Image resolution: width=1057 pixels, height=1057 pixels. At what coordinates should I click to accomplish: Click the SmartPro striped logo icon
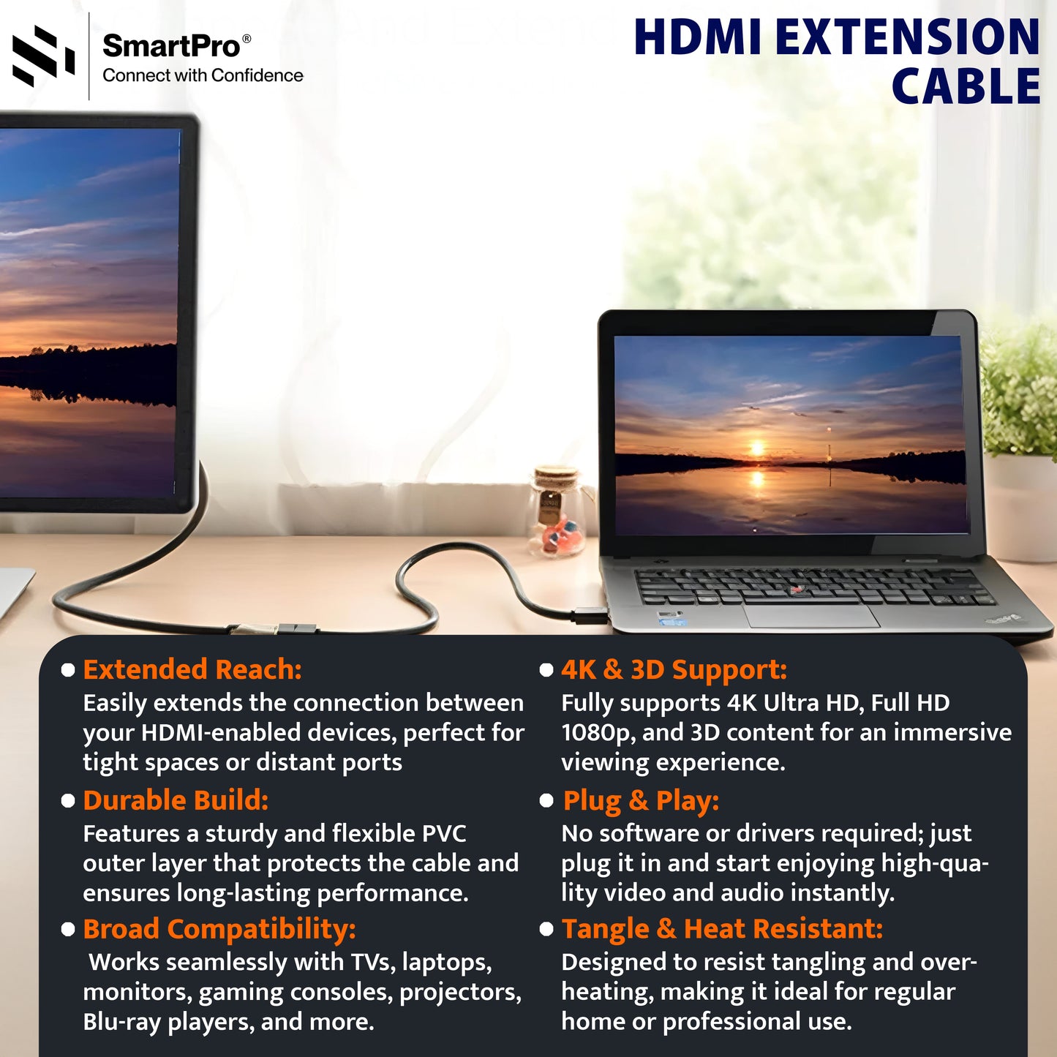point(43,56)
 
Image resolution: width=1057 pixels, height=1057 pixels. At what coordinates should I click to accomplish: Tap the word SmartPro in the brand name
point(171,46)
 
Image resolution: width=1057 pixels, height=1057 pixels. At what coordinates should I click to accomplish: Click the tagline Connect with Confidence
point(203,75)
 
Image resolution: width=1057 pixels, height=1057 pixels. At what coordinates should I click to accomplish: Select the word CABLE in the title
point(966,87)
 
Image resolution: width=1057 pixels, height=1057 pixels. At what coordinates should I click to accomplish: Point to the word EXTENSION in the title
point(906,37)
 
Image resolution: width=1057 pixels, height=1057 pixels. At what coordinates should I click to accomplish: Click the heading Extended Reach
point(192,669)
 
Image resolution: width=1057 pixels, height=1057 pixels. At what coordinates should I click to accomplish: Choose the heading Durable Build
point(176,800)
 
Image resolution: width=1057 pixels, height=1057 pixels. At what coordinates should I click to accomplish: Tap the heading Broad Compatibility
point(219,929)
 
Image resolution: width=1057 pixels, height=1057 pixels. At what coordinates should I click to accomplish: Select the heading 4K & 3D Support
point(674,669)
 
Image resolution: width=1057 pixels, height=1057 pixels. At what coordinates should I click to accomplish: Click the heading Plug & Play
point(641,800)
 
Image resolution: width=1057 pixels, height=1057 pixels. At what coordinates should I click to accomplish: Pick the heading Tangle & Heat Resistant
point(722,929)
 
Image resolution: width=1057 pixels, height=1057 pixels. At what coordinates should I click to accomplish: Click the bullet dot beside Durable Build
point(68,801)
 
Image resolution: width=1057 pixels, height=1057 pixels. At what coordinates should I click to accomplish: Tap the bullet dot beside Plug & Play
point(546,800)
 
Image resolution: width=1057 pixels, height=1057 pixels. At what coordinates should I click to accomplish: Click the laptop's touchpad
point(812,615)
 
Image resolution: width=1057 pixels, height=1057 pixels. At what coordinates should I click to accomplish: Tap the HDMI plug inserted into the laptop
point(590,614)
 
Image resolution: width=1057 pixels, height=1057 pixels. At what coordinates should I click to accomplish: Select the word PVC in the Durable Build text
point(444,833)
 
